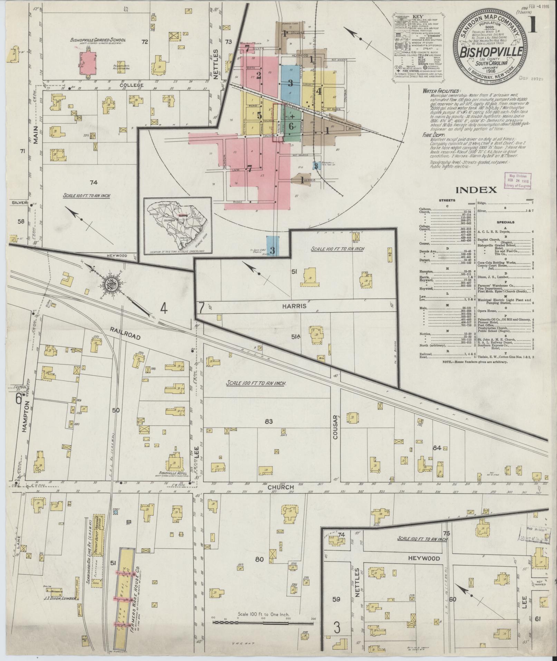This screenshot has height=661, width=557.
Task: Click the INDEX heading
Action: (476, 190)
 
